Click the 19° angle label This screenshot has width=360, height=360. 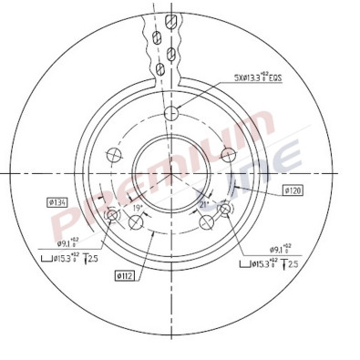137,208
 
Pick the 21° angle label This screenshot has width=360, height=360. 204,207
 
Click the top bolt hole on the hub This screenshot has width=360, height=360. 170,113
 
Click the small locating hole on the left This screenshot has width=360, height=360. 113,216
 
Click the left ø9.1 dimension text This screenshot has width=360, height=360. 68,243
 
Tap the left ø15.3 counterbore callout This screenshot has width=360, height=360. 57,260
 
